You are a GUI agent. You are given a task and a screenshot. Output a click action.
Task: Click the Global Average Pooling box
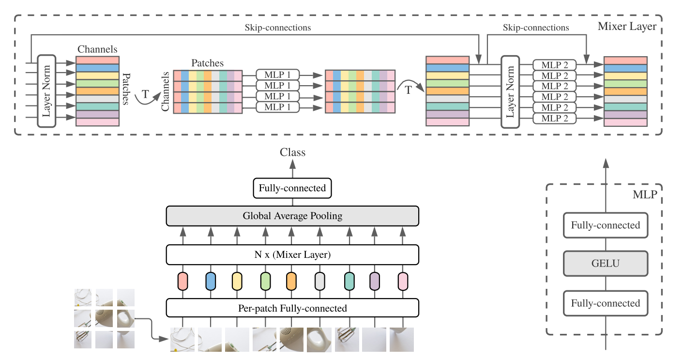[x=292, y=216]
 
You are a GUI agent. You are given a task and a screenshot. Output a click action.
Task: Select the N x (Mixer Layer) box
[x=292, y=255]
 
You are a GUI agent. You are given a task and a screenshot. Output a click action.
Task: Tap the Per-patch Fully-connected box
[x=292, y=308]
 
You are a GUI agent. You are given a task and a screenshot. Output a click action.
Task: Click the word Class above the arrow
[x=293, y=152]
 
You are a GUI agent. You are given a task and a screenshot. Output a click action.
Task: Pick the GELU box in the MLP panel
[x=606, y=264]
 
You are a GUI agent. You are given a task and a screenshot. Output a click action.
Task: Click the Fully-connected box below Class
[x=292, y=188]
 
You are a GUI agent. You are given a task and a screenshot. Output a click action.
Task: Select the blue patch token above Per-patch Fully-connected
[x=211, y=281]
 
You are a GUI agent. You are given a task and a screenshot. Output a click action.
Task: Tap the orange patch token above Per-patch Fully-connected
[x=291, y=281]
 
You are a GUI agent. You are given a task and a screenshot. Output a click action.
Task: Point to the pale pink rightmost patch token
[x=403, y=281]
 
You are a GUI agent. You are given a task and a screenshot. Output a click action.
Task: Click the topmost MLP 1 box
[x=278, y=75]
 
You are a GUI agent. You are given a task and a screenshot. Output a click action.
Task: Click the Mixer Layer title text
[x=627, y=26]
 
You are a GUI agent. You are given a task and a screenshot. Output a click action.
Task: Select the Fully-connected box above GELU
[x=606, y=225]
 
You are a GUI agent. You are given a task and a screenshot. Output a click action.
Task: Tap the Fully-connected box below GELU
[x=606, y=303]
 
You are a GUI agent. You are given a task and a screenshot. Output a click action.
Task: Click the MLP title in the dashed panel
[x=643, y=195]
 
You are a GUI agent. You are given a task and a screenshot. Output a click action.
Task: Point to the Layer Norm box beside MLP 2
[x=510, y=91]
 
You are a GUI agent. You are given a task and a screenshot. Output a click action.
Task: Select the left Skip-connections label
[x=278, y=28]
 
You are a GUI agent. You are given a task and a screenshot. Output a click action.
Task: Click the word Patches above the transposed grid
[x=208, y=63]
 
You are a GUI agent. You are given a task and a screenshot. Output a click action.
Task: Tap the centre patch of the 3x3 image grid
[x=105, y=318]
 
